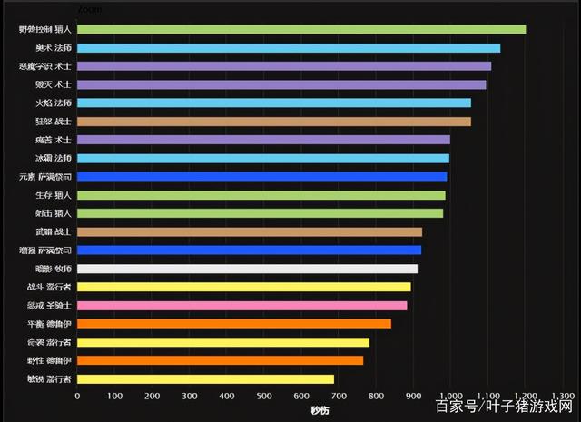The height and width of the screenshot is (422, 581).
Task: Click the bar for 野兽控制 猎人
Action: [x=301, y=29]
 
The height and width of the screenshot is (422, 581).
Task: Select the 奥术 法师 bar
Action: [x=289, y=47]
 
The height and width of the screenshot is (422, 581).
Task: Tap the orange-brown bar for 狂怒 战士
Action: [x=274, y=121]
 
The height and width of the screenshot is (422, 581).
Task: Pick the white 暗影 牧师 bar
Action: [x=247, y=269]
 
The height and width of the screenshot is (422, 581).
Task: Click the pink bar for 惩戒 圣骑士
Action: [x=242, y=305]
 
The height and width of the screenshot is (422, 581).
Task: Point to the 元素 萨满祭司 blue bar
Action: [x=262, y=176]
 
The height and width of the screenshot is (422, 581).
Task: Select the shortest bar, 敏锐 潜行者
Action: [x=205, y=378]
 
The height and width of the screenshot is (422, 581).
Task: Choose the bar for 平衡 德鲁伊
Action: [x=234, y=323]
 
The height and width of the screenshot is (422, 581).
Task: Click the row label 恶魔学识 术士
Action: [x=45, y=66]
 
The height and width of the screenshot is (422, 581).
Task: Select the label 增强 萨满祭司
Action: [x=45, y=250]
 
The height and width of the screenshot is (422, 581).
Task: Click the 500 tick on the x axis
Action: [x=264, y=396]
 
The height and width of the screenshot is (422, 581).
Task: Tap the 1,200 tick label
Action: [x=526, y=396]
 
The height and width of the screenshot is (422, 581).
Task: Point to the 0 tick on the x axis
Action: [x=77, y=396]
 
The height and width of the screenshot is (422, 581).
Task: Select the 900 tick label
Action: [x=413, y=396]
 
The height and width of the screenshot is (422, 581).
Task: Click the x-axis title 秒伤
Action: [x=320, y=410]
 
